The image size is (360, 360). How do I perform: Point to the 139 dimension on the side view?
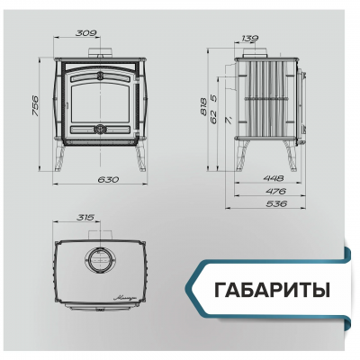pos(251,40)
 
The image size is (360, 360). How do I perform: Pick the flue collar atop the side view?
pos(249,52)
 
